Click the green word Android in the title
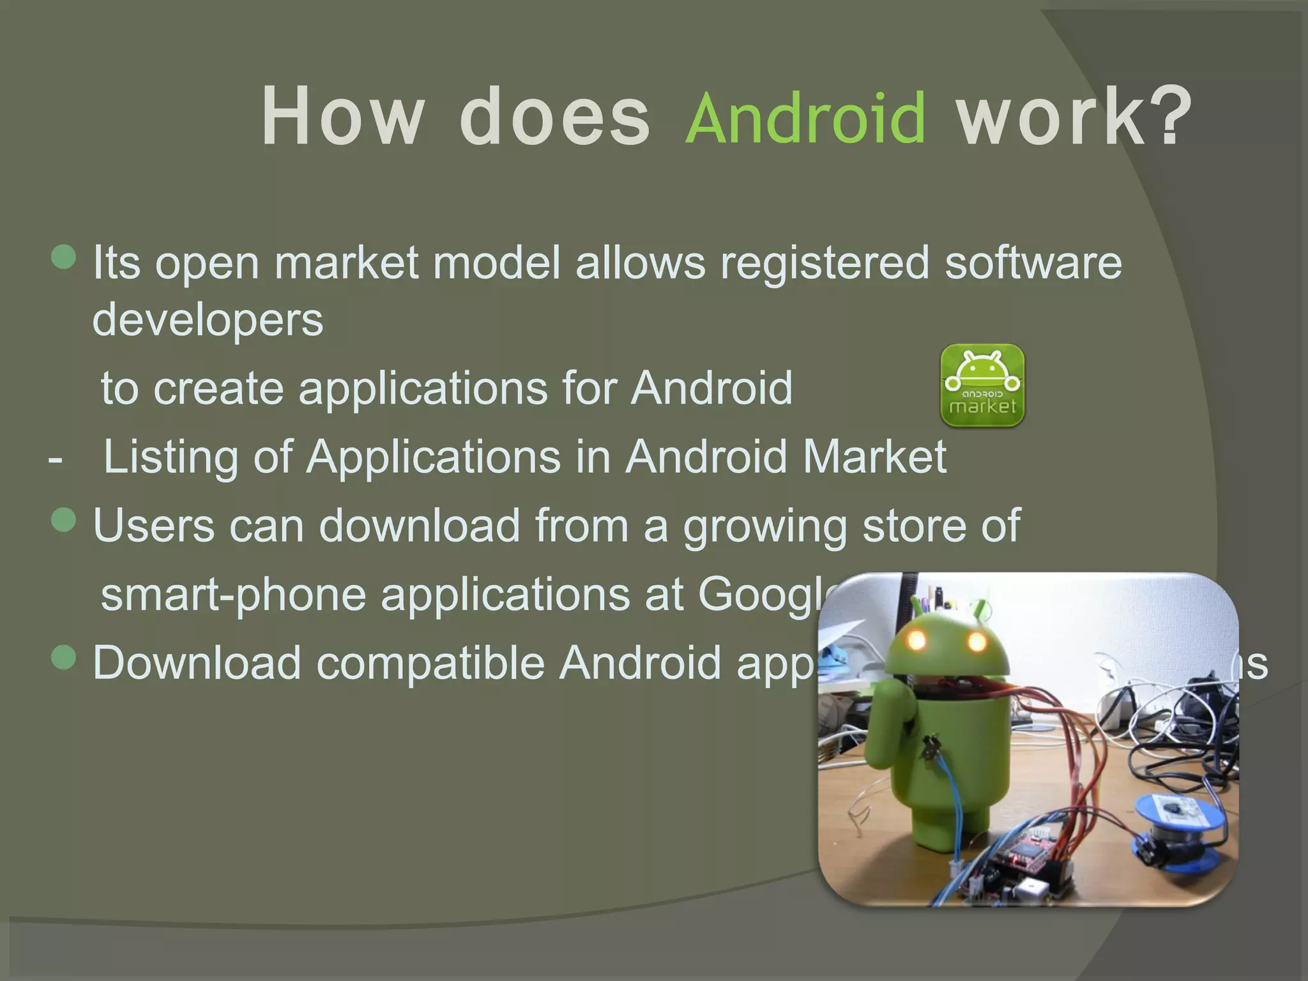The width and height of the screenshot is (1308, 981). click(806, 119)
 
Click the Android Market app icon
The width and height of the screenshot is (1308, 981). click(982, 385)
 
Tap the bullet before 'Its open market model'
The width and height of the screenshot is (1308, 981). click(64, 257)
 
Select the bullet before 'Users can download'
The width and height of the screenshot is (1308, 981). click(64, 520)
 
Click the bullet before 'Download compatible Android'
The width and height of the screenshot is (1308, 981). click(64, 657)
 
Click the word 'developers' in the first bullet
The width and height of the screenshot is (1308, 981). click(208, 319)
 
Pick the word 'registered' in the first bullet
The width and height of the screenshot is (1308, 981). click(825, 262)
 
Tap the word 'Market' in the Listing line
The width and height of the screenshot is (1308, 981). click(874, 457)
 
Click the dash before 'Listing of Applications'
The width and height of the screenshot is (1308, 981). click(56, 459)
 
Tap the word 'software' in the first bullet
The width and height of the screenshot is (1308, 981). click(1033, 262)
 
